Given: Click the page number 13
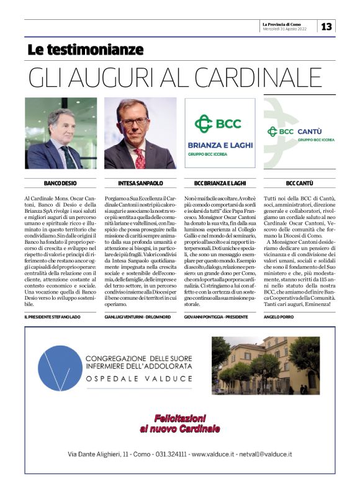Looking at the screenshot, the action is coord(326,26).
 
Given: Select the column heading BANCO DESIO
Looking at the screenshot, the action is coord(60,184).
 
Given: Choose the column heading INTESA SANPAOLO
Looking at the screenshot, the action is coord(140,184).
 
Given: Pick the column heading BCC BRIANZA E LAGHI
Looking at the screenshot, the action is coord(220,184).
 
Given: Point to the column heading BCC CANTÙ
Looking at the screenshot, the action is coord(299,184).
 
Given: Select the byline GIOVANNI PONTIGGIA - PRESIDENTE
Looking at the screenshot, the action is coord(214,317).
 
